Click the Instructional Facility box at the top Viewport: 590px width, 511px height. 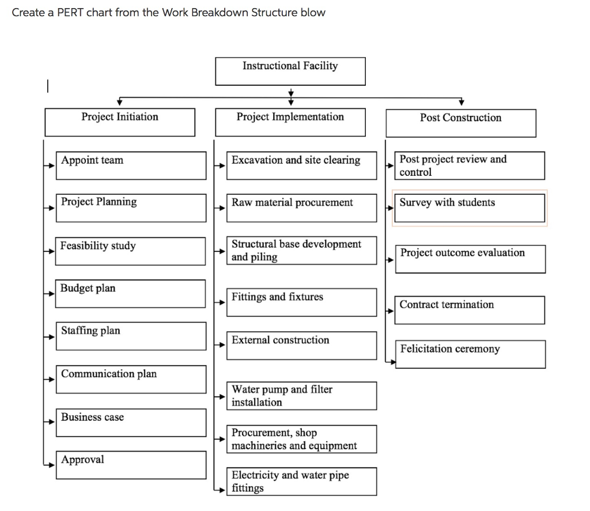pyautogui.click(x=290, y=71)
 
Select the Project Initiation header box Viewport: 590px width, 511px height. pyautogui.click(x=120, y=122)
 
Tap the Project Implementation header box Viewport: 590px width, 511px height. pyautogui.click(x=290, y=122)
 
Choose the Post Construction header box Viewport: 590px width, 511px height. pyautogui.click(x=460, y=123)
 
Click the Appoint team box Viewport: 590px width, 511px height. pyautogui.click(x=131, y=165)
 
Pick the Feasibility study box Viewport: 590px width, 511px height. pyautogui.click(x=130, y=251)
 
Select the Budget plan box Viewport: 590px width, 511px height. pyautogui.click(x=130, y=293)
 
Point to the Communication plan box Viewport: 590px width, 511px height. pyautogui.click(x=131, y=379)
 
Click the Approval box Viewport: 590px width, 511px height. pyautogui.click(x=131, y=464)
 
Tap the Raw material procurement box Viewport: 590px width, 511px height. pyautogui.click(x=301, y=208)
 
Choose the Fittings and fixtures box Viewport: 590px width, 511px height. pyautogui.click(x=301, y=302)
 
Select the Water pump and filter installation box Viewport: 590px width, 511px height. pyautogui.click(x=301, y=396)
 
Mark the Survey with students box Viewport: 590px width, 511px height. pyautogui.click(x=470, y=208)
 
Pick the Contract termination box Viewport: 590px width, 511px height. pyautogui.click(x=470, y=310)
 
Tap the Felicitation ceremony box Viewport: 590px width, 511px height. pyautogui.click(x=470, y=354)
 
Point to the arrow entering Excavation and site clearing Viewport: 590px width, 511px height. pyautogui.click(x=220, y=166)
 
